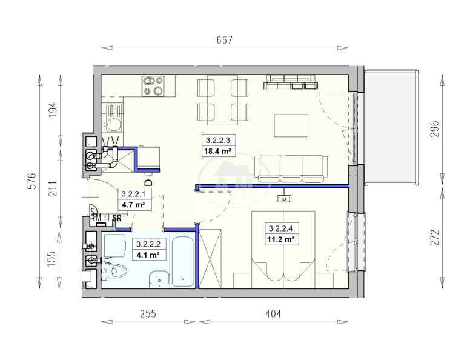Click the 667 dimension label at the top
click(x=224, y=40)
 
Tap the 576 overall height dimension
click(x=32, y=181)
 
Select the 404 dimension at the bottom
click(x=273, y=314)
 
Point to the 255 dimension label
click(x=148, y=314)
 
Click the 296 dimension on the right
click(x=434, y=128)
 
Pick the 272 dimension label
click(x=434, y=238)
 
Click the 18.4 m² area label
click(x=217, y=151)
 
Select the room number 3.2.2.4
click(x=280, y=228)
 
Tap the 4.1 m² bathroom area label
click(x=148, y=255)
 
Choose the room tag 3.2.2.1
click(x=133, y=194)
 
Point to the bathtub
click(x=183, y=262)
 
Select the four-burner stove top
click(x=153, y=86)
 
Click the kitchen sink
click(x=114, y=119)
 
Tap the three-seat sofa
click(x=291, y=168)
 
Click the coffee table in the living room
click(x=291, y=125)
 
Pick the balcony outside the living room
click(x=391, y=127)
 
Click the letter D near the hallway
click(x=148, y=182)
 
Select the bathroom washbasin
click(x=159, y=279)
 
